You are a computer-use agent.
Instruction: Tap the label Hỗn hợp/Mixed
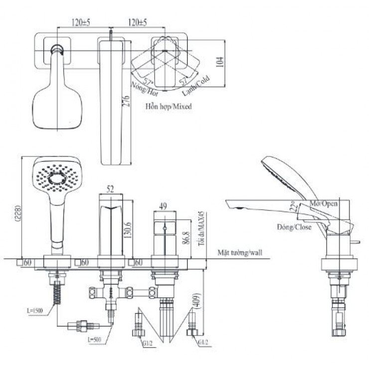click(169, 106)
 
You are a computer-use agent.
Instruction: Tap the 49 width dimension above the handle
click(163, 205)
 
